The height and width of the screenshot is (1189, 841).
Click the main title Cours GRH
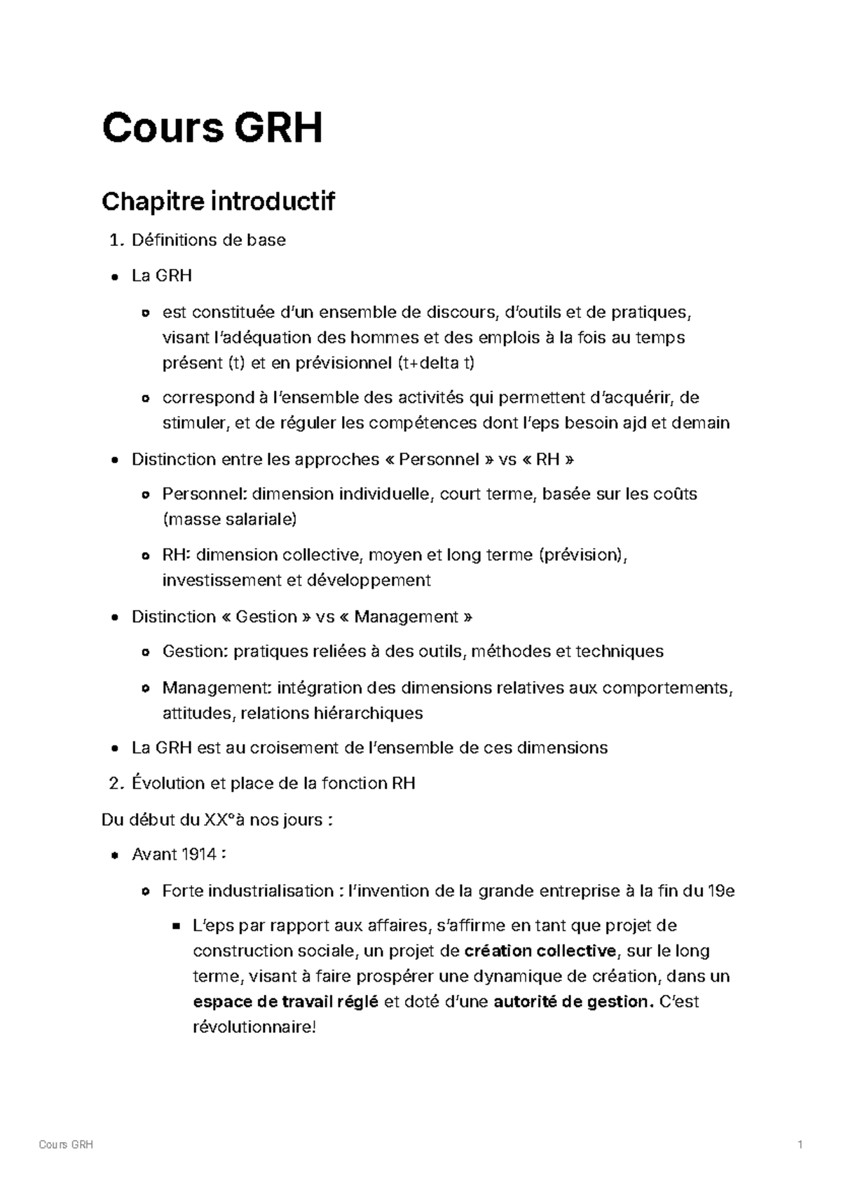pos(212,129)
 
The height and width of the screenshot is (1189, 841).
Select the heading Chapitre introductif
pos(218,202)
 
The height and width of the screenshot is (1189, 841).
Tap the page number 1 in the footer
pos(799,1145)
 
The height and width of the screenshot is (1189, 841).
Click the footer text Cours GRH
pos(66,1145)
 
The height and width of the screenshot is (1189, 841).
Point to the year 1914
pos(199,854)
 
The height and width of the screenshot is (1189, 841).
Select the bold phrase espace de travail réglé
pos(285,1001)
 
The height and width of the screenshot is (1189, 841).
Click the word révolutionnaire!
pos(254,1027)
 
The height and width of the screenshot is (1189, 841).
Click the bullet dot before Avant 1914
pos(114,855)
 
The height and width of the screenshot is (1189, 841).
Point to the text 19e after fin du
pos(721,891)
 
